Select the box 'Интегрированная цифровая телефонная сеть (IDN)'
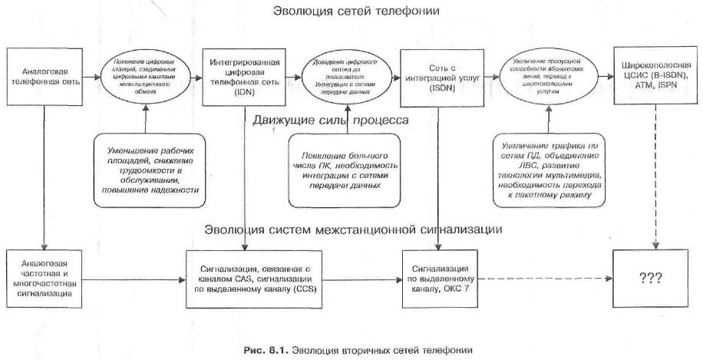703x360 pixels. [x=243, y=78]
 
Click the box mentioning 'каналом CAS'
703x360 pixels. [x=243, y=277]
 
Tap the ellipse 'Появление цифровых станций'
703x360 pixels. [x=143, y=78]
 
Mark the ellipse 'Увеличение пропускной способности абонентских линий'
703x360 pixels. [x=546, y=78]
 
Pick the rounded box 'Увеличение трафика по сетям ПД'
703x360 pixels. [x=547, y=170]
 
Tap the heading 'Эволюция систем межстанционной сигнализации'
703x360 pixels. [x=354, y=230]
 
